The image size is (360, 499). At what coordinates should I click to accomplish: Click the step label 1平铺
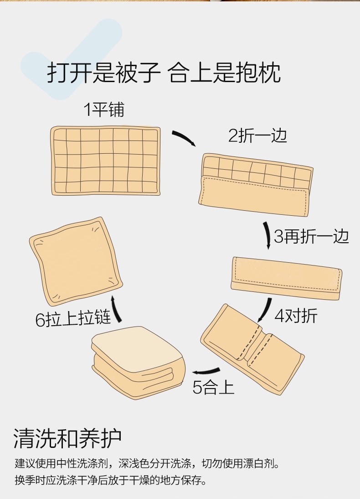click(103, 109)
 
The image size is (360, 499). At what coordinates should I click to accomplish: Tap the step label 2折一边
click(257, 135)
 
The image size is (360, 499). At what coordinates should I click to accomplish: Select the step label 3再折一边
click(311, 236)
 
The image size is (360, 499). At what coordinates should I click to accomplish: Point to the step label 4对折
click(296, 316)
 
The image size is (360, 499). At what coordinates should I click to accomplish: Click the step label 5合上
click(213, 387)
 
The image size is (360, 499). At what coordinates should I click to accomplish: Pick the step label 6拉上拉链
click(73, 319)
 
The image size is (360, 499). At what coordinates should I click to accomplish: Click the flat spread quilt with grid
click(105, 161)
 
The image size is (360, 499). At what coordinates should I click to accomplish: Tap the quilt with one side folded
click(256, 184)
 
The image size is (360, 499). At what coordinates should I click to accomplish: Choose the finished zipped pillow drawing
click(76, 261)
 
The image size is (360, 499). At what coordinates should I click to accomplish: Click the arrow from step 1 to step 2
click(184, 138)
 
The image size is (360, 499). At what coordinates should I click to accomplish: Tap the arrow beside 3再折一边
click(267, 235)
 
